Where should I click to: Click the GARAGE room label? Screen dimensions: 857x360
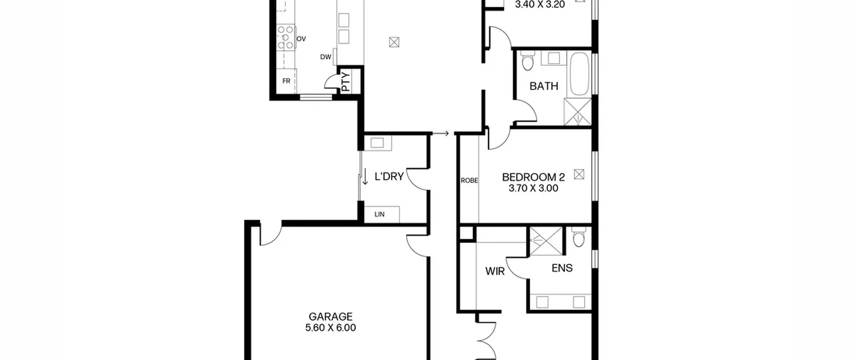click(x=330, y=316)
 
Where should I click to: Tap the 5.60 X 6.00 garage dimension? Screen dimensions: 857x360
click(x=330, y=328)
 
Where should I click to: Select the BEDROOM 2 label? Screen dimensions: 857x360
click(x=533, y=177)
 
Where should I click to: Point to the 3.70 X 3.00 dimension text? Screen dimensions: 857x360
click(x=533, y=188)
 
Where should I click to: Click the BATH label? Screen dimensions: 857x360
click(x=544, y=86)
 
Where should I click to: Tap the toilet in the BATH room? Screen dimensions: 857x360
click(x=528, y=61)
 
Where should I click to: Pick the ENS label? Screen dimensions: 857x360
click(x=562, y=268)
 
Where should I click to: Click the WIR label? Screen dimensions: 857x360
click(x=495, y=271)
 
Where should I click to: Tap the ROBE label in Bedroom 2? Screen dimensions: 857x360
click(x=469, y=181)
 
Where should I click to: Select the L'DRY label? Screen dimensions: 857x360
click(x=389, y=176)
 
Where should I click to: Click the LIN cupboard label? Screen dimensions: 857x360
click(x=379, y=214)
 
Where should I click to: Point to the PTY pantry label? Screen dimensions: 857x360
click(x=346, y=82)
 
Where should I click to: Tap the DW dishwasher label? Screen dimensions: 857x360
click(x=326, y=57)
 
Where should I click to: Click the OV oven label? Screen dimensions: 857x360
click(x=301, y=39)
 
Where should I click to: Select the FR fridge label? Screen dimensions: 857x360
click(x=286, y=81)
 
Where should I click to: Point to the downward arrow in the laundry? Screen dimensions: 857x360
click(x=365, y=176)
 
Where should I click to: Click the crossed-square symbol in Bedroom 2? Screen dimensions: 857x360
click(x=579, y=174)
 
